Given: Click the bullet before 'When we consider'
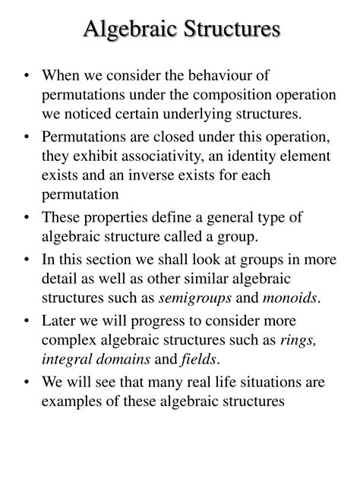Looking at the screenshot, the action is [x=28, y=76].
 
